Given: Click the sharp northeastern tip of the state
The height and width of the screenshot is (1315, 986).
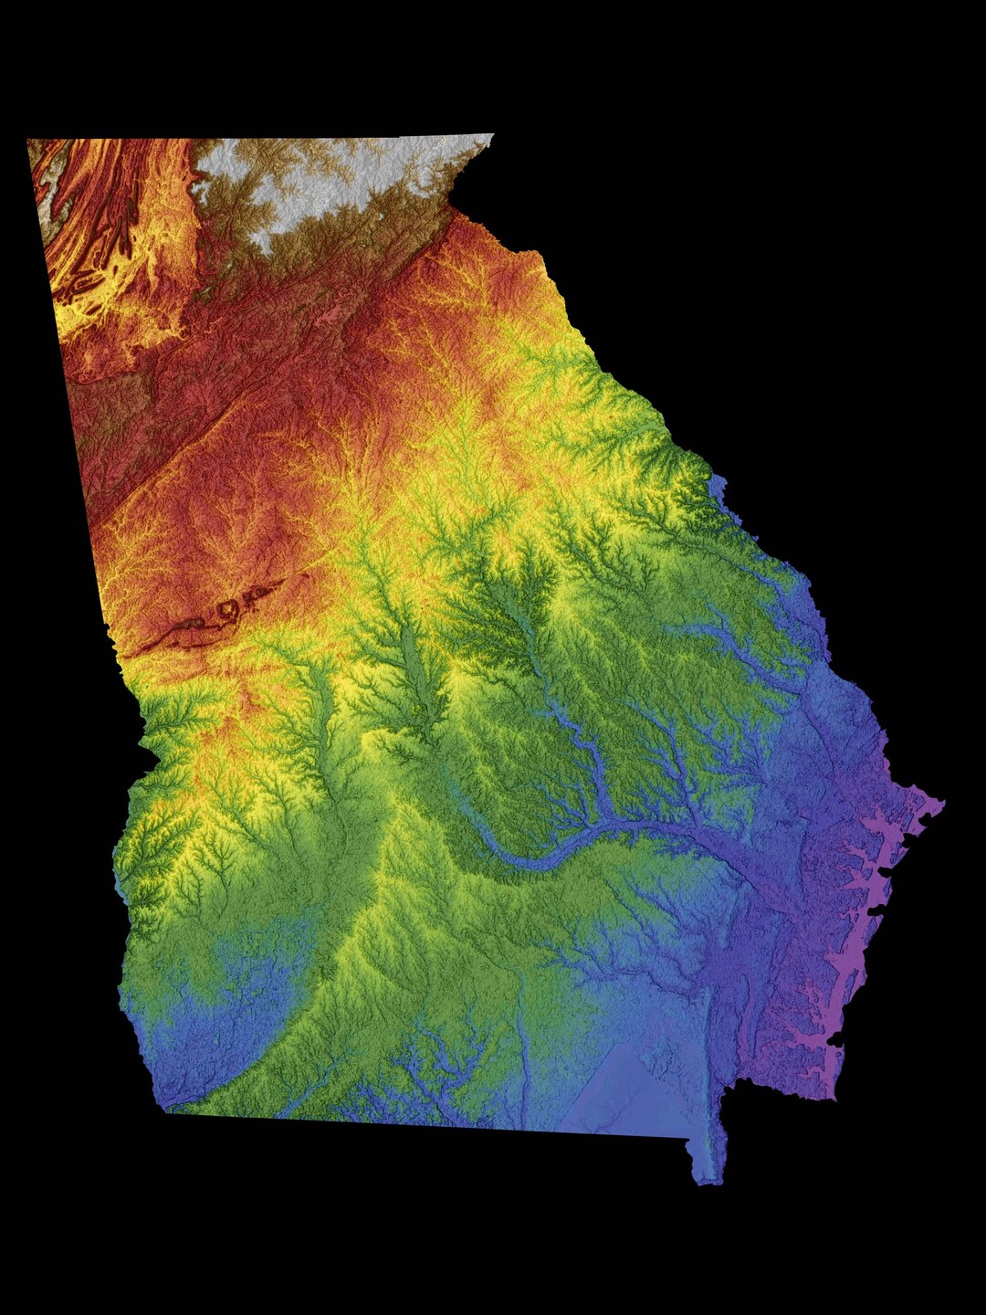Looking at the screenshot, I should pyautogui.click(x=493, y=136).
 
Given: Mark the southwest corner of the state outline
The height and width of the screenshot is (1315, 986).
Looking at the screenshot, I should pyautogui.click(x=167, y=1110).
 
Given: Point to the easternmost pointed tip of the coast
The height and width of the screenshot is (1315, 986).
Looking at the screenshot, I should pyautogui.click(x=943, y=805).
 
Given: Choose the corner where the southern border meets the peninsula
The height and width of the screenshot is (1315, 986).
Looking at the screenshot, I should pyautogui.click(x=689, y=1138).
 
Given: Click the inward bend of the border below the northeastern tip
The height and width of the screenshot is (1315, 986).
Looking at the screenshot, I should pyautogui.click(x=452, y=208).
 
